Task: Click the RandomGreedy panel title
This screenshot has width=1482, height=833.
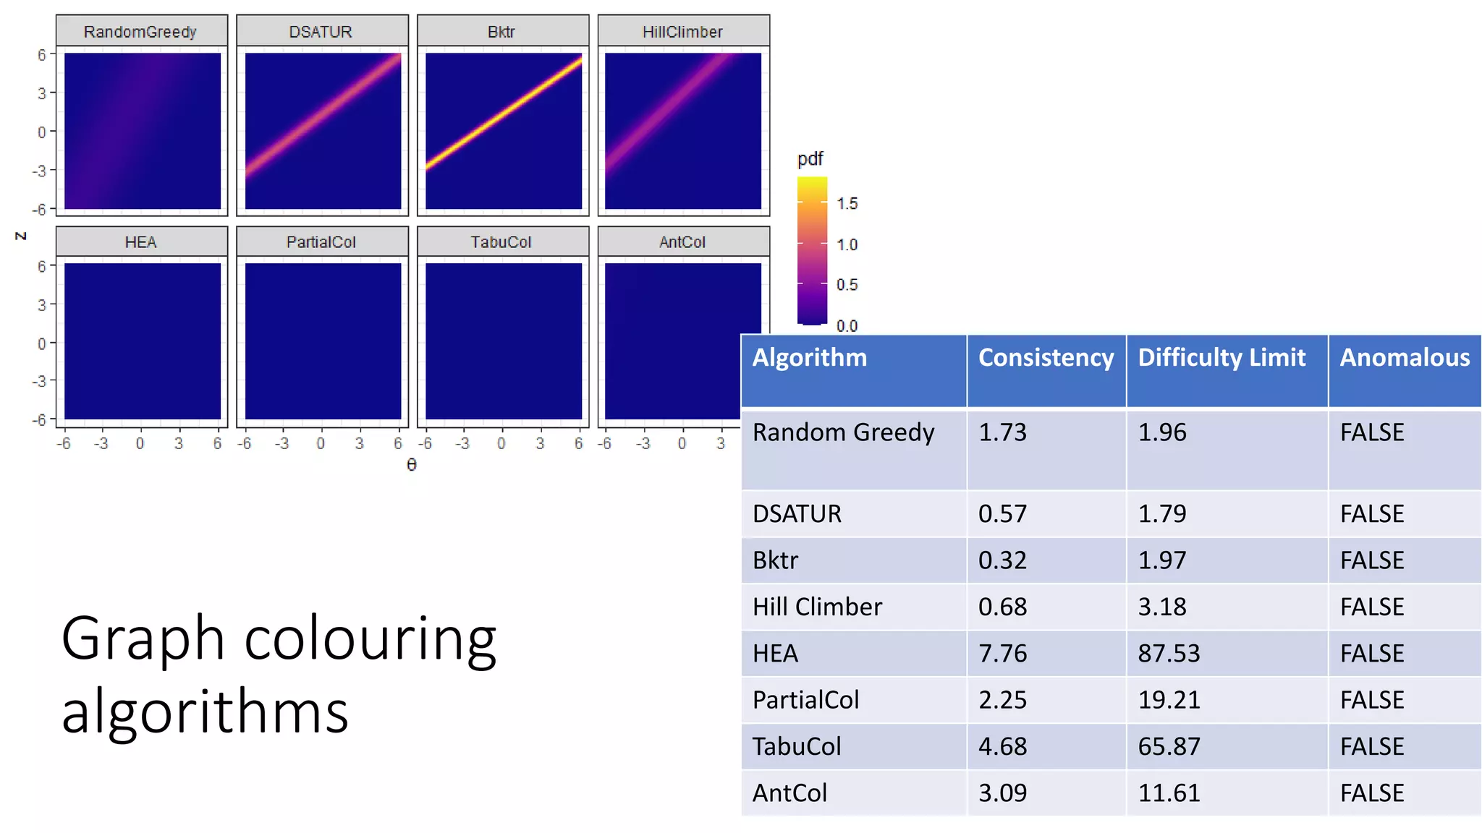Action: coord(140,32)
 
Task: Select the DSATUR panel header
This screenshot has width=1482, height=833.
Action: coord(321,32)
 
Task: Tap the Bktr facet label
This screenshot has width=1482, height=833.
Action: coord(501,32)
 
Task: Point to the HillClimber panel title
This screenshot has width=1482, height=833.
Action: coord(682,32)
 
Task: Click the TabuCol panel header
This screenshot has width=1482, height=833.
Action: coord(501,242)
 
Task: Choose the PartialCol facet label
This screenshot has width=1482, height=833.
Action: coord(321,242)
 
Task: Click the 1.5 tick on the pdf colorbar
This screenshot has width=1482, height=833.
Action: coord(847,204)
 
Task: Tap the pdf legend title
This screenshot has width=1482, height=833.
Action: coord(810,159)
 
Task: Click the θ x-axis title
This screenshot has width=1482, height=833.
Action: coord(412,465)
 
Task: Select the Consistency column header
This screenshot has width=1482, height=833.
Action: coord(1046,358)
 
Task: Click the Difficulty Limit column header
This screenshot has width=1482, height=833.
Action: coord(1221,358)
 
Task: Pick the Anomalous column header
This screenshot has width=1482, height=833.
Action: coord(1405,358)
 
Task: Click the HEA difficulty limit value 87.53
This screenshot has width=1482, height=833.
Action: coord(1169,654)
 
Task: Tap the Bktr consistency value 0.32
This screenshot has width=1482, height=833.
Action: coord(1002,560)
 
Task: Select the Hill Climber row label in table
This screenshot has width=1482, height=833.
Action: coord(817,607)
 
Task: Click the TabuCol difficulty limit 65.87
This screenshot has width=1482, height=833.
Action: coord(1169,746)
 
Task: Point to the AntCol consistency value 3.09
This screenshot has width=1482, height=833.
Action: coord(1002,793)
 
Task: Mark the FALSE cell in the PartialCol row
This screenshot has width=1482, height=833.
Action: coord(1372,700)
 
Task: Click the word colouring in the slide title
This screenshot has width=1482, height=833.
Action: coord(370,638)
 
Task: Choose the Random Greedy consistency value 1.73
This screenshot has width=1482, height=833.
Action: coord(1002,432)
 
